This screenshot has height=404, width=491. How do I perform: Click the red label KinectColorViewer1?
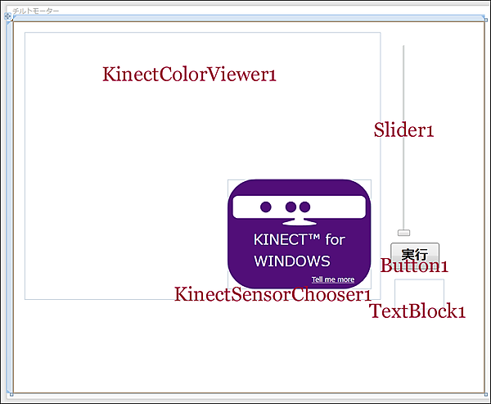(189, 75)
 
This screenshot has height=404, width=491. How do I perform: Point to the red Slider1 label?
(403, 130)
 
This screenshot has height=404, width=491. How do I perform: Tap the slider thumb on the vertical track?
(403, 234)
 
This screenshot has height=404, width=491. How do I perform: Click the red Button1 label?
(414, 266)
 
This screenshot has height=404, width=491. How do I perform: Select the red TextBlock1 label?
(417, 311)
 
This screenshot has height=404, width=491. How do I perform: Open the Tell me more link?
(333, 279)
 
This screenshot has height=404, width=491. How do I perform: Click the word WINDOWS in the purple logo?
(291, 261)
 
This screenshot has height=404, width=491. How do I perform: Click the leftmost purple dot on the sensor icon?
(266, 207)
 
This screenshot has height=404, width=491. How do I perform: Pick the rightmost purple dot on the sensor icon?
(304, 207)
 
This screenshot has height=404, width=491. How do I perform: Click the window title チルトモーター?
(36, 11)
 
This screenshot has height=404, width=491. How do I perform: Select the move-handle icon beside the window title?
(8, 16)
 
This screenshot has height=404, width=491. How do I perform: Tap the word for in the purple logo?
(336, 240)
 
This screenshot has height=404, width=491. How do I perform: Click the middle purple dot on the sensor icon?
(291, 207)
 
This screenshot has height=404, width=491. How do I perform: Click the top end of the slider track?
(403, 48)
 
